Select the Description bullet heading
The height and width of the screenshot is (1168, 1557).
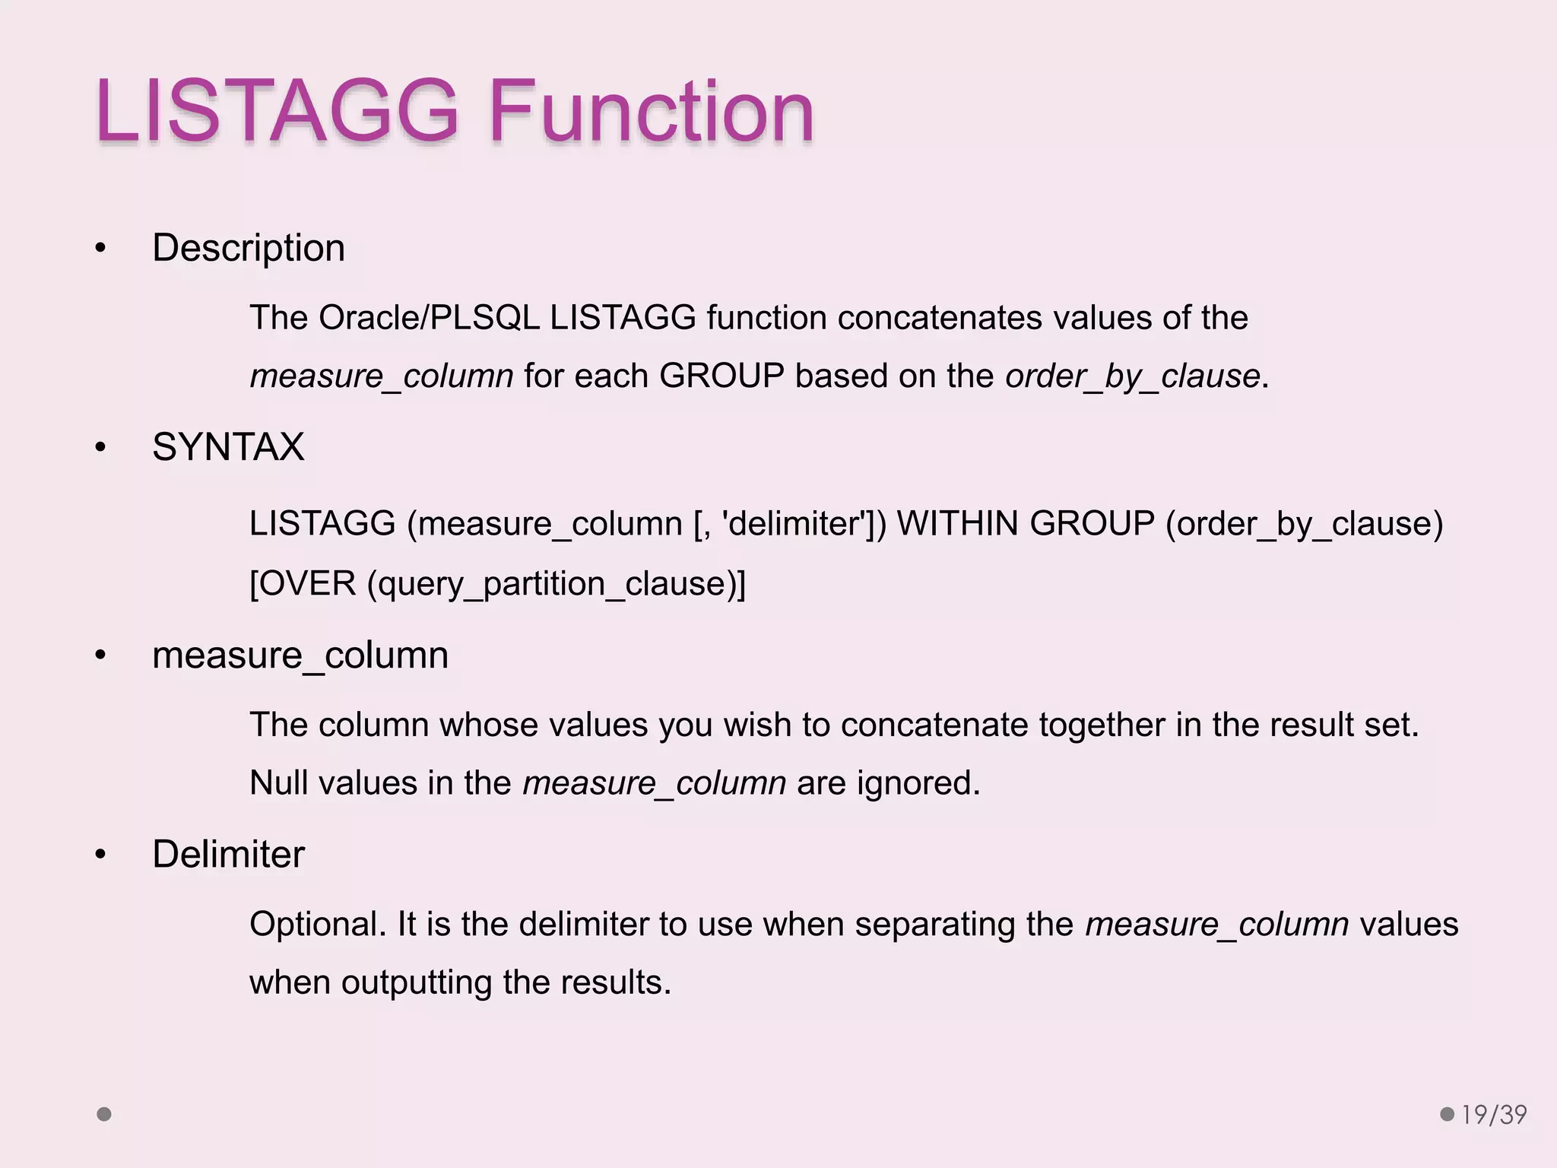click(x=249, y=248)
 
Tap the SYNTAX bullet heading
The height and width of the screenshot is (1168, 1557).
click(x=228, y=447)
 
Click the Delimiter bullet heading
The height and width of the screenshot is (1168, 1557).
click(x=228, y=854)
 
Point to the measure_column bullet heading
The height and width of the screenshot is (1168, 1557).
click(x=300, y=655)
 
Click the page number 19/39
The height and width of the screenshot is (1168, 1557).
click(x=1494, y=1115)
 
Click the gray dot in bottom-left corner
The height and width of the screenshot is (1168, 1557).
click(x=104, y=1115)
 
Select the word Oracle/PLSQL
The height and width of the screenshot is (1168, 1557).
click(x=429, y=318)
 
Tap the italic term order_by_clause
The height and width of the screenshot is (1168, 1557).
click(x=1132, y=376)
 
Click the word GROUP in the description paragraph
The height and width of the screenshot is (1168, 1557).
click(x=721, y=376)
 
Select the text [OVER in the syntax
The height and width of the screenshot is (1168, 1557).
click(x=303, y=584)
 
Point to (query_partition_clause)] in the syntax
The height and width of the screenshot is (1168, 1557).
click(x=556, y=584)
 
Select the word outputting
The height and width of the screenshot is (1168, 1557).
click(x=417, y=982)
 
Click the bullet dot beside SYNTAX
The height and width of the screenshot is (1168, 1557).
click(x=100, y=448)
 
